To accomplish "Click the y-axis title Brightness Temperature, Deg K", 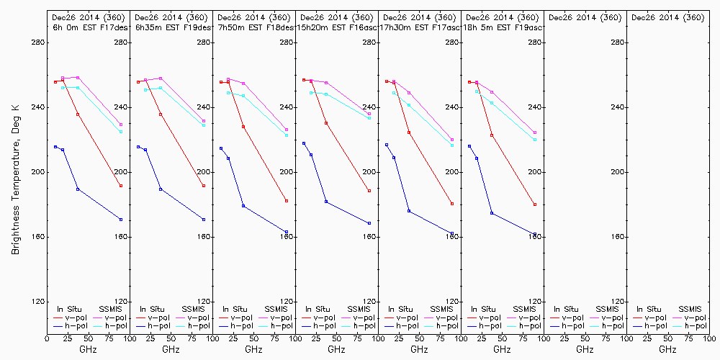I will [x=15, y=172].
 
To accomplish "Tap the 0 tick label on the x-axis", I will [x=47, y=338].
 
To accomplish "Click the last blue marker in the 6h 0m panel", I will [x=121, y=220].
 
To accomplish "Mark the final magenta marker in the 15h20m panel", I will [x=369, y=114].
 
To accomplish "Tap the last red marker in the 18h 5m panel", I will [x=535, y=204].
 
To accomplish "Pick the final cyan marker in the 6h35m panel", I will [x=204, y=125].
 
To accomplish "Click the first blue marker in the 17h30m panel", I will [x=387, y=145].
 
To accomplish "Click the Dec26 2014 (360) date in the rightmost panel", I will [x=667, y=17].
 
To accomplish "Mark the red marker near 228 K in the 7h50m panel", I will [x=243, y=127].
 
